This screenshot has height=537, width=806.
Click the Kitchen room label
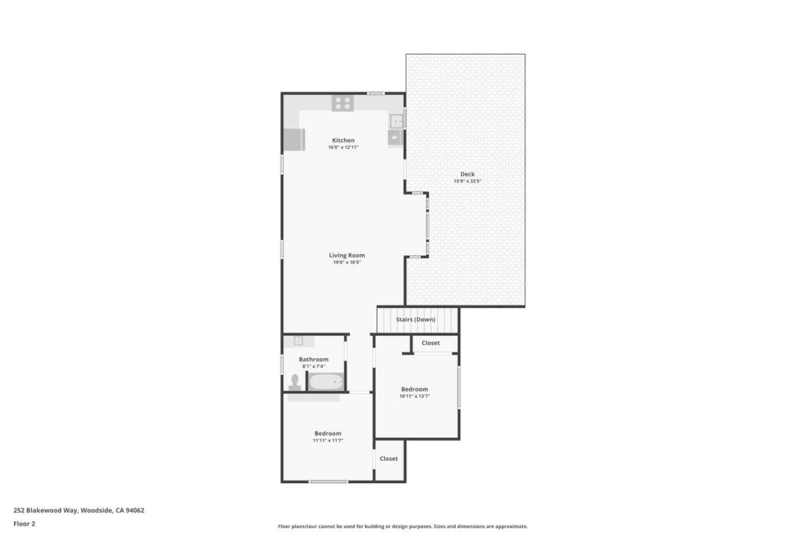point(343,140)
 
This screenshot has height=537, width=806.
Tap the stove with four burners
point(343,103)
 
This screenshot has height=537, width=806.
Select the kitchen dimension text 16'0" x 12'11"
point(343,148)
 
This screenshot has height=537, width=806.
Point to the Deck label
point(467,174)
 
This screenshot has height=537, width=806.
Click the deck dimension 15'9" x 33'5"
point(467,181)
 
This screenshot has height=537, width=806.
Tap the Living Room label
point(347,255)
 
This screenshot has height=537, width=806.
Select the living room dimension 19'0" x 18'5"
point(347,262)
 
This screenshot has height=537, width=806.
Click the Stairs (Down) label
point(415,319)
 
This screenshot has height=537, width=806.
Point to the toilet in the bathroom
point(294,382)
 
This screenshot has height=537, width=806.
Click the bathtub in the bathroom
point(326,383)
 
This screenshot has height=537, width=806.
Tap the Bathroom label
point(313,359)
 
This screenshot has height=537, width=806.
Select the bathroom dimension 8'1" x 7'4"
point(313,366)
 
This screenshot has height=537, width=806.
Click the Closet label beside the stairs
point(430,343)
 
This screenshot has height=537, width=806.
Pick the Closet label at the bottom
point(388,459)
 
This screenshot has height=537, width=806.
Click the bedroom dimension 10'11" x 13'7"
point(414,397)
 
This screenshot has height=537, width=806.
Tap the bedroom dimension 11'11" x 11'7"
point(328,441)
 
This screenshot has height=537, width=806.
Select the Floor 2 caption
point(24,524)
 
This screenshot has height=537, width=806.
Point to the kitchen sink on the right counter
point(396,120)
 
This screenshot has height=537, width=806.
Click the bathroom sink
point(298,340)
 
